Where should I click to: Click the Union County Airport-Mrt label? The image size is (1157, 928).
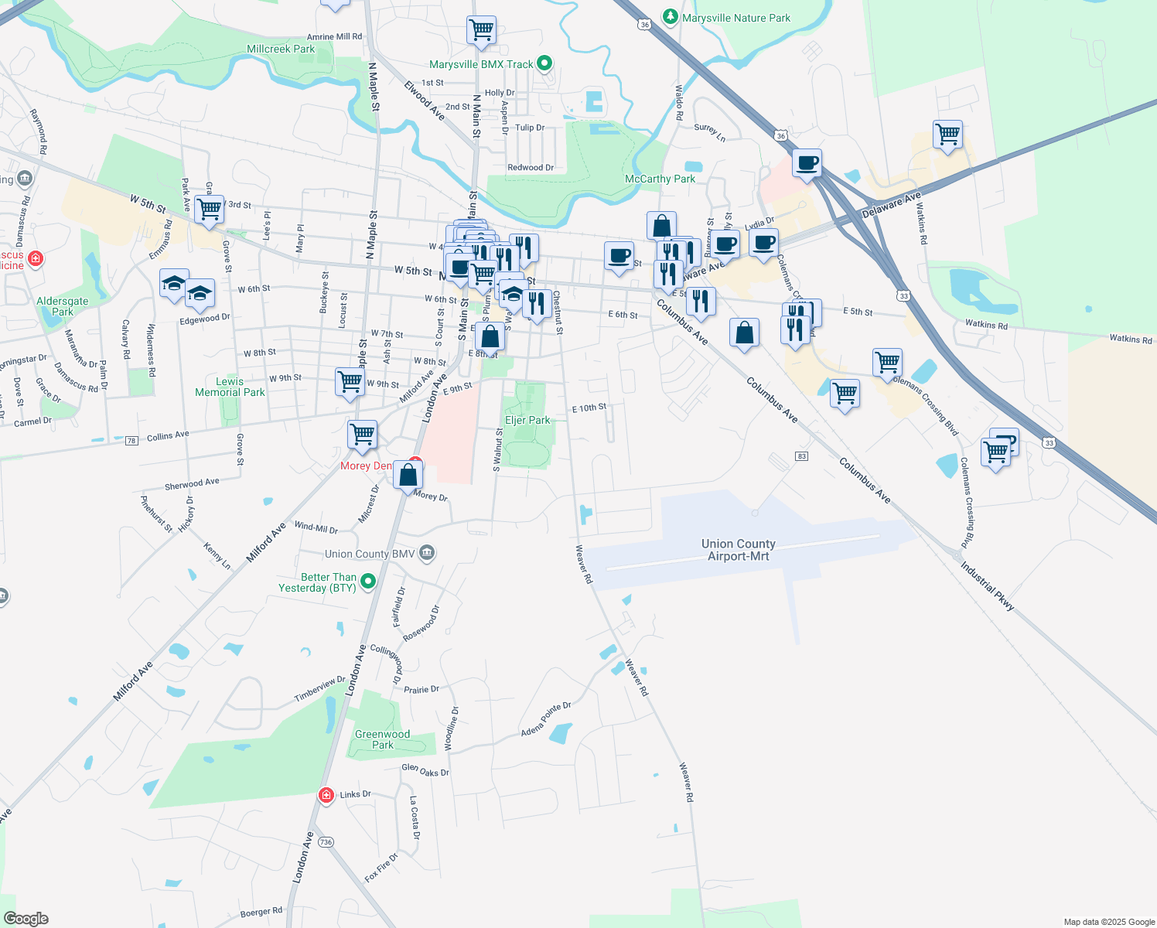click(738, 550)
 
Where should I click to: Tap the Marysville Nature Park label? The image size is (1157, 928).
click(735, 18)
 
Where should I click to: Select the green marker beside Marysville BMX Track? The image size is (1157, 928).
click(544, 63)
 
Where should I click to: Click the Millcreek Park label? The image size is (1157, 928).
click(280, 49)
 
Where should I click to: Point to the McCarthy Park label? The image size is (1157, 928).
click(660, 179)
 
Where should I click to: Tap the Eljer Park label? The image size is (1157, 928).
click(527, 420)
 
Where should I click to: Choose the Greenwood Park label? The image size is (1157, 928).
click(382, 739)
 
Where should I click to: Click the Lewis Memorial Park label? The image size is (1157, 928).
click(230, 387)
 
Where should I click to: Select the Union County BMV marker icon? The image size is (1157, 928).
click(427, 554)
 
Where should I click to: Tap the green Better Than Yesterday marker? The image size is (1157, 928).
click(368, 581)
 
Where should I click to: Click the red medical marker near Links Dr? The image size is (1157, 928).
click(326, 795)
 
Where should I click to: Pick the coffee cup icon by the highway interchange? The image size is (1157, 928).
click(807, 163)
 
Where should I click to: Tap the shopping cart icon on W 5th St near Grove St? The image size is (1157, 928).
click(209, 209)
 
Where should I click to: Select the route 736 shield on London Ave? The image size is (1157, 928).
click(326, 842)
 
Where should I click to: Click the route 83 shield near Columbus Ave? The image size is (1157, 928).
click(801, 456)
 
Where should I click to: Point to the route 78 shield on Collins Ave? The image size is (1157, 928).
click(131, 441)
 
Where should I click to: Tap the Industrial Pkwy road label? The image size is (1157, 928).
click(987, 586)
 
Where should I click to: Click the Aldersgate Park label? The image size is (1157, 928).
click(63, 306)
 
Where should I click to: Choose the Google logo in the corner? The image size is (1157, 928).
click(26, 919)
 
